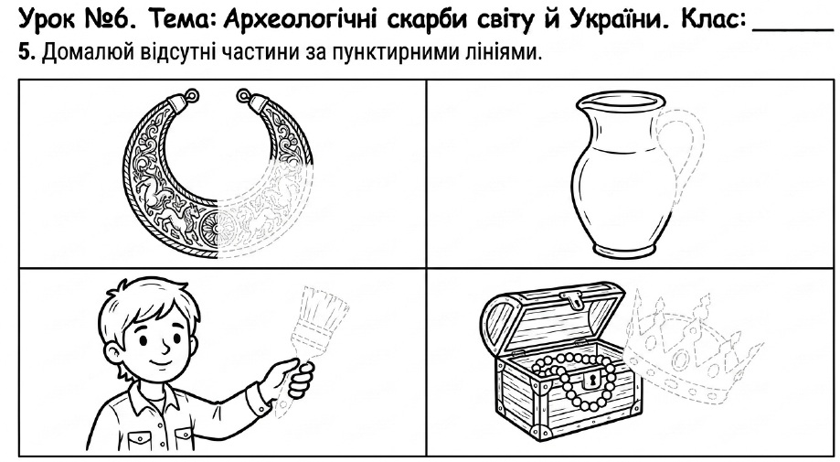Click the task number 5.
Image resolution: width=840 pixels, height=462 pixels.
click(x=27, y=52)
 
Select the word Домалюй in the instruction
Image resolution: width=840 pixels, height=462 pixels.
click(x=88, y=52)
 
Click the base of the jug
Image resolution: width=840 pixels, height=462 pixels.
click(x=622, y=250)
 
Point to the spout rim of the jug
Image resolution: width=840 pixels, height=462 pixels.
click(x=621, y=101)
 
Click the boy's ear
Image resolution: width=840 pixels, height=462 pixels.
click(x=113, y=350)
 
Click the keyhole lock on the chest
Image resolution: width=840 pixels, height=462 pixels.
click(x=593, y=380)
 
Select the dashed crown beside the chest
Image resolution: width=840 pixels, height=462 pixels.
click(x=692, y=349)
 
